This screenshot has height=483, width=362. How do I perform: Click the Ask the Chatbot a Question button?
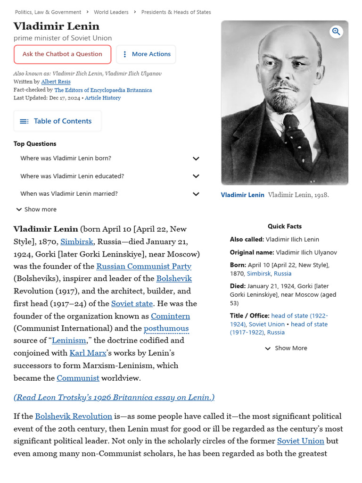click(x=62, y=54)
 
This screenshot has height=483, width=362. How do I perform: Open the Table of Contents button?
click(x=58, y=121)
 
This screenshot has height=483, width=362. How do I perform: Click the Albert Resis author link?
click(x=56, y=82)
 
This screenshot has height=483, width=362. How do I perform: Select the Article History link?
click(x=103, y=98)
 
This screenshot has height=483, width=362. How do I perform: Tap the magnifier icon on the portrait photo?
click(x=336, y=32)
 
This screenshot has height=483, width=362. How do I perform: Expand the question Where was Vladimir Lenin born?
click(x=196, y=158)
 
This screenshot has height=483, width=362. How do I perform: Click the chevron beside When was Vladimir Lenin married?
click(x=196, y=194)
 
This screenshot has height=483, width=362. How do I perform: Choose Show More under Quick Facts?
click(x=286, y=348)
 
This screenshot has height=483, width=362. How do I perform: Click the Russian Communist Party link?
click(x=144, y=266)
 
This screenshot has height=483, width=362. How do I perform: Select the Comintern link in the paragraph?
click(x=171, y=316)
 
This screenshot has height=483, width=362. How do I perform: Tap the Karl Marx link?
click(x=88, y=353)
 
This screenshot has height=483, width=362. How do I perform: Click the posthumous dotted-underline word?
click(x=166, y=328)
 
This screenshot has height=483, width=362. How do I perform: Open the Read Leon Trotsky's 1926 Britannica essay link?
click(x=114, y=397)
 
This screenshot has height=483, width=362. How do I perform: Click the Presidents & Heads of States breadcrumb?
click(x=176, y=12)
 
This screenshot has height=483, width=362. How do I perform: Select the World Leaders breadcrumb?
click(x=111, y=12)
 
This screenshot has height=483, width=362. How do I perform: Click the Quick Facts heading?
click(x=285, y=226)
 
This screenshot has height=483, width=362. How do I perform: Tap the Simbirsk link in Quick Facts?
click(x=259, y=274)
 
